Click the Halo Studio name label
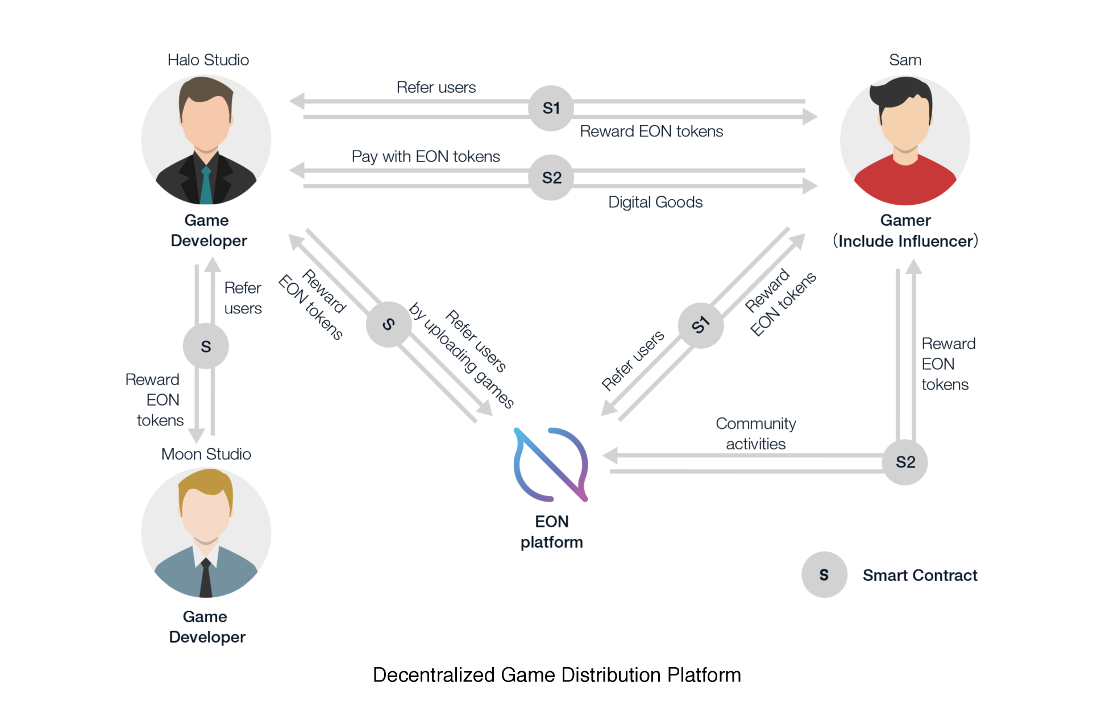click(x=208, y=60)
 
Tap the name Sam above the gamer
click(x=905, y=60)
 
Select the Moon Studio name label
click(x=206, y=454)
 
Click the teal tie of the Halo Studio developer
click(x=206, y=185)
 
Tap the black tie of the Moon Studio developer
click(x=206, y=577)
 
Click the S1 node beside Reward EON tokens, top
click(x=551, y=108)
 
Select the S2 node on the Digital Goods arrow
click(x=551, y=177)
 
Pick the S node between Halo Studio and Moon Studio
click(x=206, y=346)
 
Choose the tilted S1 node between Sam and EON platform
click(x=700, y=325)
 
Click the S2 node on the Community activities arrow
click(x=905, y=462)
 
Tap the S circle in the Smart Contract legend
click(x=824, y=575)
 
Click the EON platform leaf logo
click(x=550, y=464)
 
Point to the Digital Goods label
click(x=655, y=202)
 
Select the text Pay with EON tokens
click(x=426, y=156)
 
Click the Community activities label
click(x=755, y=433)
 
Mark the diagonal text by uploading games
click(x=462, y=356)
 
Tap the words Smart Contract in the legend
click(x=920, y=575)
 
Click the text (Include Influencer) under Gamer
click(x=905, y=241)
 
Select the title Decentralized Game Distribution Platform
click(x=556, y=675)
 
